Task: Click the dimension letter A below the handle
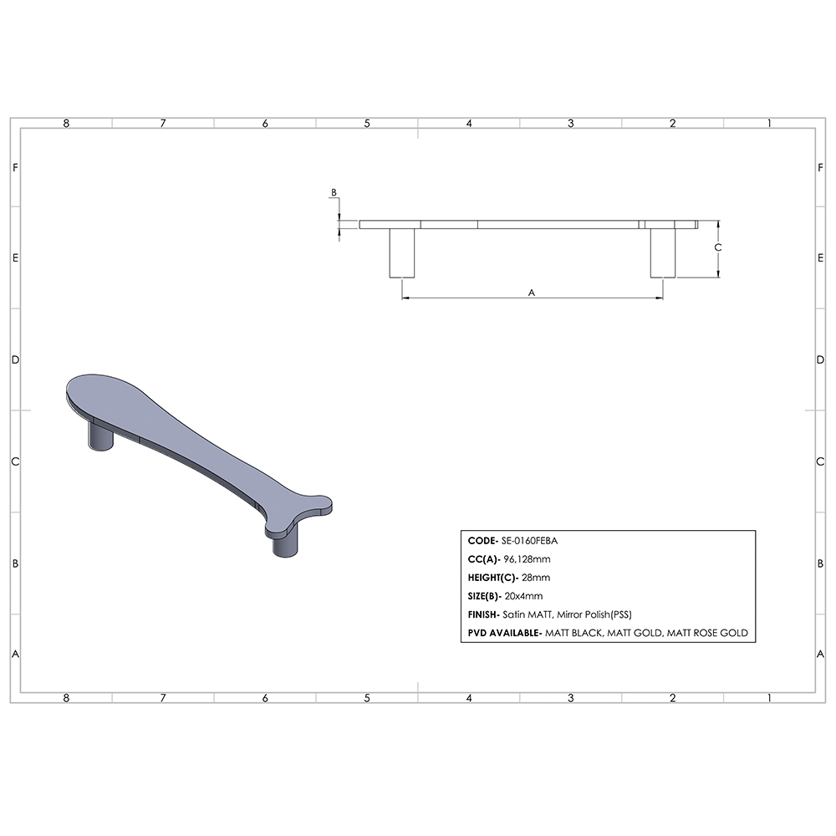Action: click(532, 293)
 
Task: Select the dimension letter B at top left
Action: click(334, 193)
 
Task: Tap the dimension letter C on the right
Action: click(717, 248)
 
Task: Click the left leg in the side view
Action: click(402, 252)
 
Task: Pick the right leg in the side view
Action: click(663, 252)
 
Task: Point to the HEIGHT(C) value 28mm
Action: click(536, 578)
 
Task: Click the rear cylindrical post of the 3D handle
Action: click(101, 438)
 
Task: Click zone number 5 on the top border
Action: click(367, 124)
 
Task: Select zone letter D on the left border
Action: click(14, 360)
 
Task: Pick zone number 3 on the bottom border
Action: click(571, 697)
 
